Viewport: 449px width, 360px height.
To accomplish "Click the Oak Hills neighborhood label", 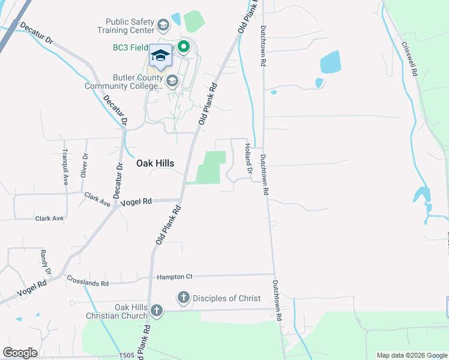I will (155, 163).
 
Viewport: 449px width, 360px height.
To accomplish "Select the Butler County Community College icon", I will (172, 81).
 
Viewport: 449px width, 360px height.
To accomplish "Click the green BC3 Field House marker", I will (184, 46).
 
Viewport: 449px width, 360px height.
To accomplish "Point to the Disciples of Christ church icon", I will (183, 298).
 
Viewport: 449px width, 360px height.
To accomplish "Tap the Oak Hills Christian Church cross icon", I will (156, 311).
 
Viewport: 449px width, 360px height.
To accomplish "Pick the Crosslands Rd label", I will (88, 281).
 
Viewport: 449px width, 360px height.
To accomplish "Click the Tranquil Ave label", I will (65, 167).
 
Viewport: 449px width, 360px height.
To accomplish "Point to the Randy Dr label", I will (45, 262).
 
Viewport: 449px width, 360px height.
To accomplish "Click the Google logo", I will (19, 353).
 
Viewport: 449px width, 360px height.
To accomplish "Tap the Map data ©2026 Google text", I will (411, 355).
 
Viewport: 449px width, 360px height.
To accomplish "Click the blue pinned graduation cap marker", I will (160, 55).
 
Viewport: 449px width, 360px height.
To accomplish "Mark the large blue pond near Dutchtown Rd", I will (330, 62).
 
